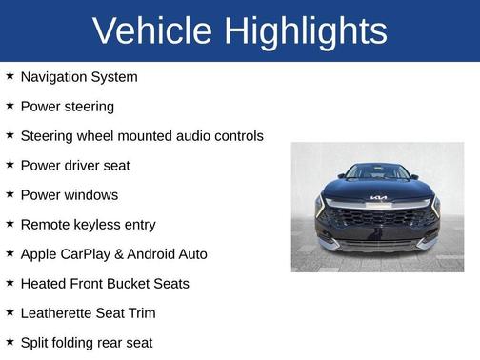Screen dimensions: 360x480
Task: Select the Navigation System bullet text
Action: [x=79, y=76]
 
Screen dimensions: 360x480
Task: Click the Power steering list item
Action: [x=67, y=106]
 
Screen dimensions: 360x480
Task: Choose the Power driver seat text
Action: [x=75, y=165]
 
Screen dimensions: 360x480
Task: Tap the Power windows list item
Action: [x=70, y=194]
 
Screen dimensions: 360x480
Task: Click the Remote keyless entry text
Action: [x=88, y=224]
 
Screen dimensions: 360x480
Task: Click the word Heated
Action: [x=45, y=284]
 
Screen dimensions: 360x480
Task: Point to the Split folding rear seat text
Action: [x=87, y=342]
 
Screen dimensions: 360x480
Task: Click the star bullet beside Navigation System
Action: [x=10, y=75]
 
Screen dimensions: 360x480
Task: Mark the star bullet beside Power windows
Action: [x=10, y=193]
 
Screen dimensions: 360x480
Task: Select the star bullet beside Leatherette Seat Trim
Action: [x=10, y=311]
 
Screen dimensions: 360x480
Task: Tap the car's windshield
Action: [x=377, y=172]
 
